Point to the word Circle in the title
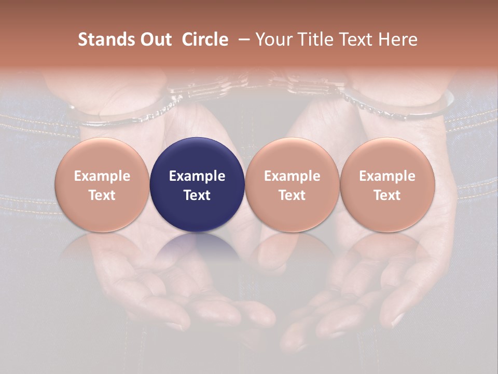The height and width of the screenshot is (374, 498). [x=205, y=39]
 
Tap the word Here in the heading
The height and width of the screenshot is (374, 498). [x=398, y=39]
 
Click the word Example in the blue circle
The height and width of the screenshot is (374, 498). [x=197, y=176]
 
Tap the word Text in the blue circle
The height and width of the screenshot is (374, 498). [x=197, y=195]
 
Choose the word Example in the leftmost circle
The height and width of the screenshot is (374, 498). [x=102, y=176]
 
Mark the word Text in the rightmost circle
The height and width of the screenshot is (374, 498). [x=387, y=195]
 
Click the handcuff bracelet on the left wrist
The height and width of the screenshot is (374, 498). [x=130, y=112]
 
